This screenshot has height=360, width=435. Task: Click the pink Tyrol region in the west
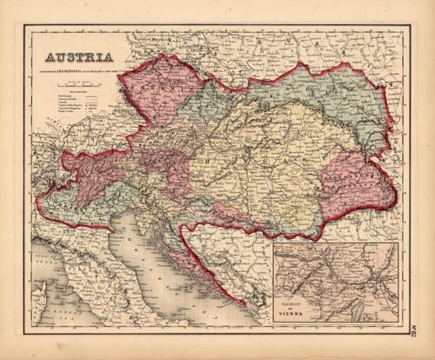(91, 170)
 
